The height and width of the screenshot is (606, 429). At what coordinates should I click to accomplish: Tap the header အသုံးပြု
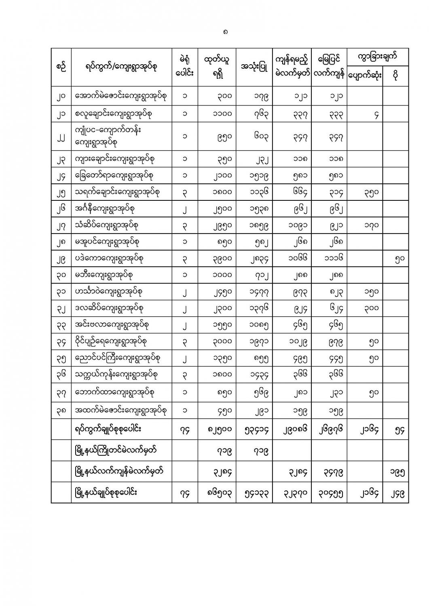click(x=254, y=67)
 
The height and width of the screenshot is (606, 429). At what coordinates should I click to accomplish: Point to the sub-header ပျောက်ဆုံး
click(x=365, y=76)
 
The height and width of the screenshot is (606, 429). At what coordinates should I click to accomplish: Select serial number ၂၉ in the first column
click(x=61, y=259)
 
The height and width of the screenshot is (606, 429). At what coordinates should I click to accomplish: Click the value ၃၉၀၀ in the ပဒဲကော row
click(x=222, y=259)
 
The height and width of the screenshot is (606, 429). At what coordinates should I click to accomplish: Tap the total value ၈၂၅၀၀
click(x=222, y=430)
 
